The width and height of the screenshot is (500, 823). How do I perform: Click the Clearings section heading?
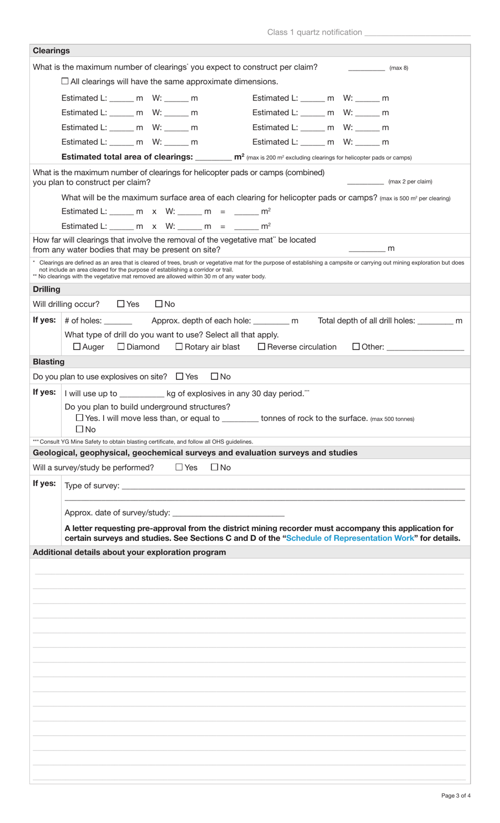(51, 51)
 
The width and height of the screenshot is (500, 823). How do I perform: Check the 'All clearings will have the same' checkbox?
(65, 81)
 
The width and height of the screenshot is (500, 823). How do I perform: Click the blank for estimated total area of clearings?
(213, 157)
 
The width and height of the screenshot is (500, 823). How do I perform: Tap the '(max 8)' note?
(398, 68)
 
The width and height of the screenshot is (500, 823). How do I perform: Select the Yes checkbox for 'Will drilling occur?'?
(121, 304)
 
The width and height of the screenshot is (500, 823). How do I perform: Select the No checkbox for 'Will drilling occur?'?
(159, 304)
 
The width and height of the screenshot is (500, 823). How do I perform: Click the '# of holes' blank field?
(118, 321)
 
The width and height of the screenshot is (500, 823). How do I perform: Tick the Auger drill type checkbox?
(77, 347)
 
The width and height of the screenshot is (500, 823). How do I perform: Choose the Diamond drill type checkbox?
(121, 347)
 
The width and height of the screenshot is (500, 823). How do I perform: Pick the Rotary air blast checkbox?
(179, 347)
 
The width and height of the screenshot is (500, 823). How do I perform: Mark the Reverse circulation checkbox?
(262, 347)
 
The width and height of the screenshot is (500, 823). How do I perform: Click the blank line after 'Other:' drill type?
(425, 347)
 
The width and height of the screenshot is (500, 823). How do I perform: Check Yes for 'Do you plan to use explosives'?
(179, 376)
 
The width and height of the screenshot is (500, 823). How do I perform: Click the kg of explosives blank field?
(142, 394)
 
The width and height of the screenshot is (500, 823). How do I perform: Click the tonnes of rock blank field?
(240, 419)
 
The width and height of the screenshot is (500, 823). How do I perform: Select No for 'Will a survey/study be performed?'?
(214, 467)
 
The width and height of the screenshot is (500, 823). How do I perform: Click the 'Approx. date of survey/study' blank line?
(228, 513)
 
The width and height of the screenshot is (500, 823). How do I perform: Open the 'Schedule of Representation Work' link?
(350, 538)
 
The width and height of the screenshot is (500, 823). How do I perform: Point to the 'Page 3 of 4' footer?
(456, 796)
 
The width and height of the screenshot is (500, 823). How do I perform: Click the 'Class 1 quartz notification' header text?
(314, 32)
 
